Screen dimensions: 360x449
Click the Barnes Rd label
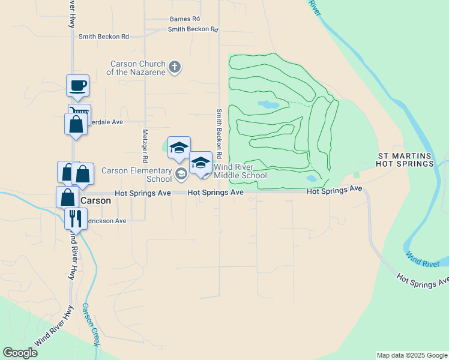pos(184,19)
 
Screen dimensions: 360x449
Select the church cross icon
pos(174,67)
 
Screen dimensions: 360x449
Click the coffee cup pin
pos(77,86)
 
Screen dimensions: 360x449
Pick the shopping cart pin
pos(80,112)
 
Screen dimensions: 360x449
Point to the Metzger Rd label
pos(145,146)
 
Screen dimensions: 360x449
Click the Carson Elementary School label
pos(137,175)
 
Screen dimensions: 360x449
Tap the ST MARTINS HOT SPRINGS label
pos(405,160)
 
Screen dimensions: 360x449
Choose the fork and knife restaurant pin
pos(76,218)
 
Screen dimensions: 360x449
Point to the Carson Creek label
pos(90,325)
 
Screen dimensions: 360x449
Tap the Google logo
pos(20,353)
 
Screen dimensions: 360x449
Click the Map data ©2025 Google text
pos(412,355)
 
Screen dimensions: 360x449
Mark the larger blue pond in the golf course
pos(268,104)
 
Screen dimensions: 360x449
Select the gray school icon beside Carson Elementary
pos(181,175)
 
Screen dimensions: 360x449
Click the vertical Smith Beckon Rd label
pos(220,130)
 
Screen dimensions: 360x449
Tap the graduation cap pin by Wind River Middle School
pos(200,163)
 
